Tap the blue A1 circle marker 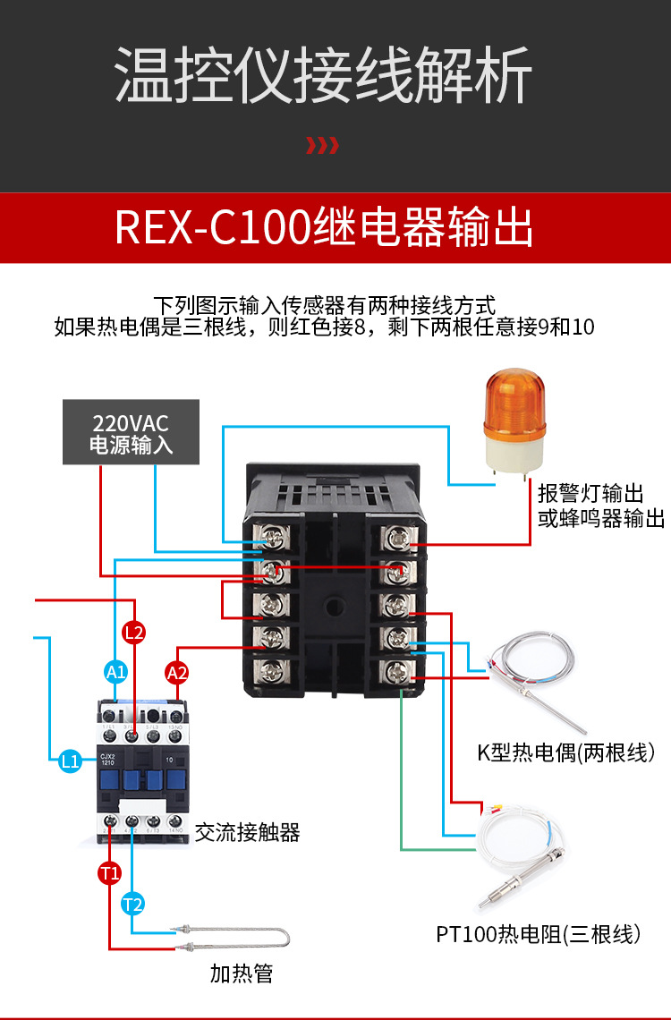(x=116, y=671)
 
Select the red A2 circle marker (x=177, y=672)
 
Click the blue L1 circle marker (x=71, y=761)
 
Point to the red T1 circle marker (x=109, y=873)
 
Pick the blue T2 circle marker (x=132, y=904)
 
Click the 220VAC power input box (x=131, y=432)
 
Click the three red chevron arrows (x=322, y=146)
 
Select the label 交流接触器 (x=247, y=832)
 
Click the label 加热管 (x=242, y=973)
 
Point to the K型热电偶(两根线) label (x=566, y=752)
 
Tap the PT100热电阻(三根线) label (x=539, y=935)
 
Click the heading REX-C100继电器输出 (x=324, y=228)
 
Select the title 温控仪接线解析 (x=324, y=76)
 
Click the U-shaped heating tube (x=236, y=938)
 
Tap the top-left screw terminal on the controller (x=272, y=538)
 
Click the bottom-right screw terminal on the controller (x=396, y=670)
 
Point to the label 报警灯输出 (x=590, y=493)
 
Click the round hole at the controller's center (x=335, y=606)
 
